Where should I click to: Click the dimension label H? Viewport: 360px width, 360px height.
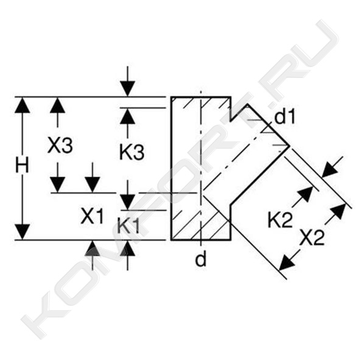click(x=22, y=166)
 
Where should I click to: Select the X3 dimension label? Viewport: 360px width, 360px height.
click(x=60, y=145)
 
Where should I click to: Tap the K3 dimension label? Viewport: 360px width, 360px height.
click(x=132, y=152)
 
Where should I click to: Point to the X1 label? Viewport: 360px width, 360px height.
click(x=92, y=216)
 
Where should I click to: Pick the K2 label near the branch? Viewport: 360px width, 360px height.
click(x=280, y=220)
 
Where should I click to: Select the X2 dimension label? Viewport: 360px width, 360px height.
click(x=312, y=238)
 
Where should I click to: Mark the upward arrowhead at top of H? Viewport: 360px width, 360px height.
click(x=22, y=105)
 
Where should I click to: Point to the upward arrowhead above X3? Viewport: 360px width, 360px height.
click(x=57, y=105)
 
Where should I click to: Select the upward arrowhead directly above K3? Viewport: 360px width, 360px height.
click(x=128, y=116)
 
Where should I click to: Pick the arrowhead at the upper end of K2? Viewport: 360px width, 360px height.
click(x=306, y=194)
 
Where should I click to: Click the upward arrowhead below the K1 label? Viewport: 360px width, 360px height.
click(x=128, y=248)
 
